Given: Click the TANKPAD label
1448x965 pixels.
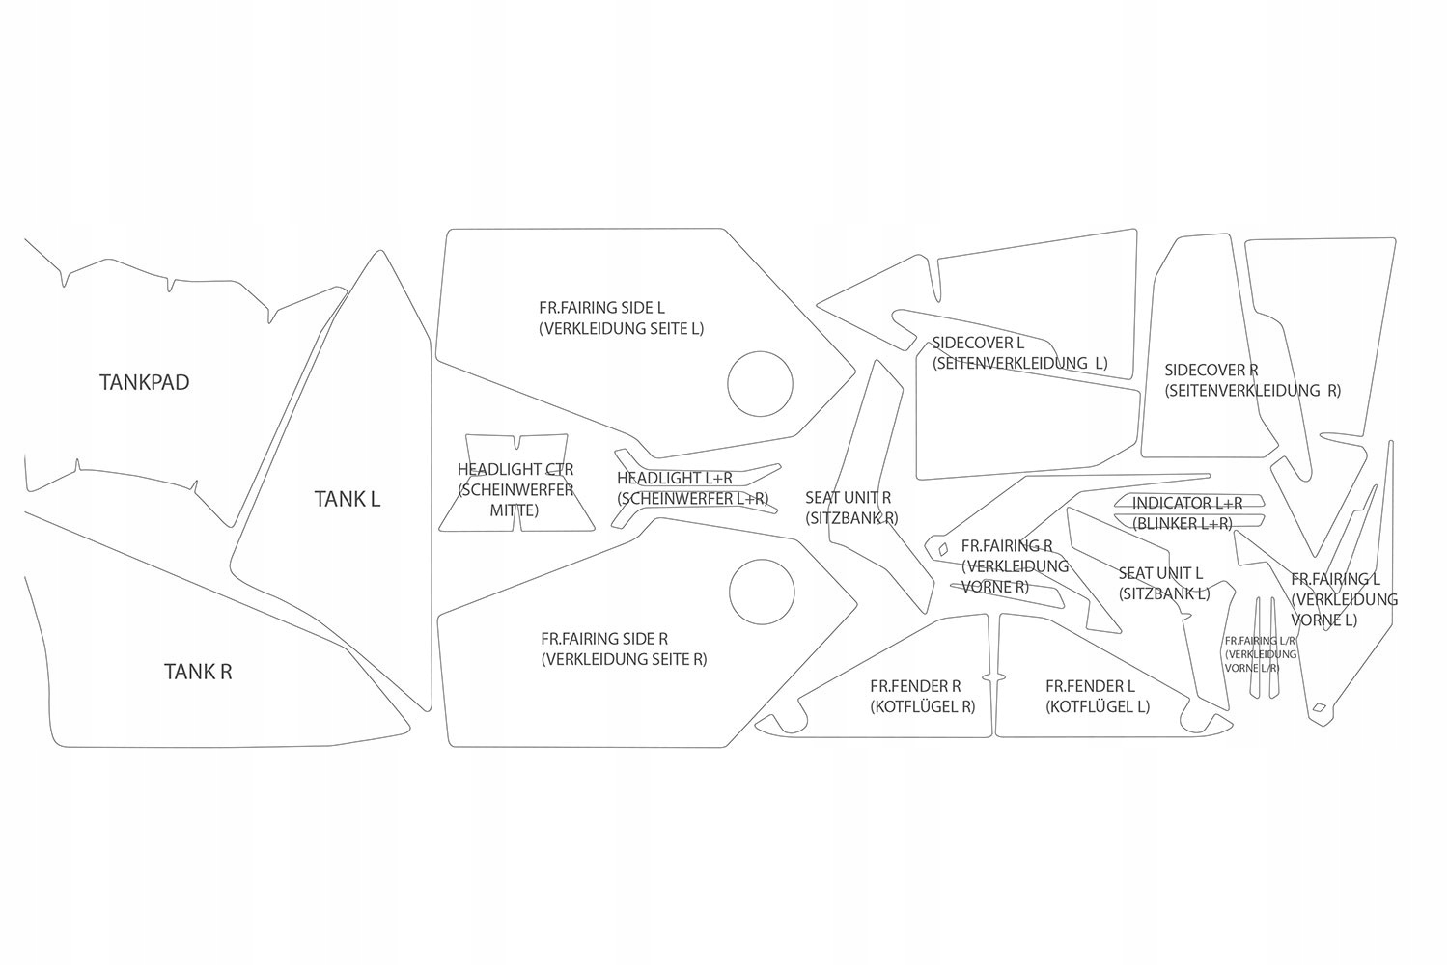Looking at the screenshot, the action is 144,382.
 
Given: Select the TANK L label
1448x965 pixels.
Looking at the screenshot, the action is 348,499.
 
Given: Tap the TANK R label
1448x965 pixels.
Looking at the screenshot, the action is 198,672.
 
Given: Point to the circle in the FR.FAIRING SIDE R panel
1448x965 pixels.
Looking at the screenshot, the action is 763,591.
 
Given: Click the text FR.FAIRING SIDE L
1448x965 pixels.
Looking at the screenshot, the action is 601,308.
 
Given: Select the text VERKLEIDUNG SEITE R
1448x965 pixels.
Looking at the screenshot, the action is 624,660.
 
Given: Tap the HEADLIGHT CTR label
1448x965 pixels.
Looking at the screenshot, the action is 515,470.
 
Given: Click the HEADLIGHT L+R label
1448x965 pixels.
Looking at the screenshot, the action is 674,479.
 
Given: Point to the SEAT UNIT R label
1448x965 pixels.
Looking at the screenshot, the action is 849,498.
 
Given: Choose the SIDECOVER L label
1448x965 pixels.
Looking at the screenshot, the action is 978,343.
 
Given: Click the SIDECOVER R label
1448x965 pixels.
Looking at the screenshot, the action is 1211,370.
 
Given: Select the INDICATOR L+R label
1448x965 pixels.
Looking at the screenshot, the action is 1186,503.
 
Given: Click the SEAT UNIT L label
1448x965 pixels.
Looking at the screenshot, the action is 1160,573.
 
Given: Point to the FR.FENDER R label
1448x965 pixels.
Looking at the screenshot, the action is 915,686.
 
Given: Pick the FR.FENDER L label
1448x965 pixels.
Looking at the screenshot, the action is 1090,686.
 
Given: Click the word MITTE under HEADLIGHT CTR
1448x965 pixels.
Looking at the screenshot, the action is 514,510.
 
